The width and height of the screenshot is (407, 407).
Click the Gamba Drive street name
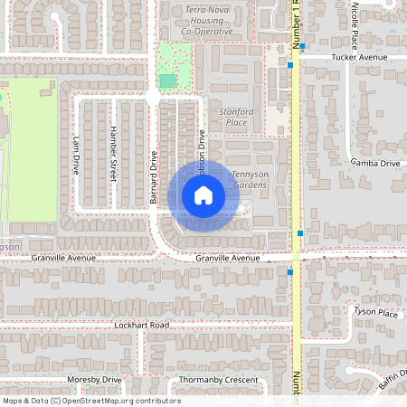click(x=374, y=164)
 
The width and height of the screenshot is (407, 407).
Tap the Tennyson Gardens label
click(x=250, y=179)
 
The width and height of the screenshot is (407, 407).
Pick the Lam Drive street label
click(x=75, y=156)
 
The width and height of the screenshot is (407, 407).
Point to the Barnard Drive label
click(x=154, y=176)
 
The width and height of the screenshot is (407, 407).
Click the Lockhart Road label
click(x=142, y=324)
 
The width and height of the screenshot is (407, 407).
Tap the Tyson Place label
click(x=375, y=313)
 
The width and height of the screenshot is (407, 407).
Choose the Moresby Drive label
click(x=94, y=379)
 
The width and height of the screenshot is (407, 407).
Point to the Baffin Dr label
click(x=391, y=380)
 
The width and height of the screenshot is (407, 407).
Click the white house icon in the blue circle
click(x=203, y=195)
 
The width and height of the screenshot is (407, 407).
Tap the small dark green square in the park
click(x=167, y=80)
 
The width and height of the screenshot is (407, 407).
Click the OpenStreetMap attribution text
click(x=91, y=401)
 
